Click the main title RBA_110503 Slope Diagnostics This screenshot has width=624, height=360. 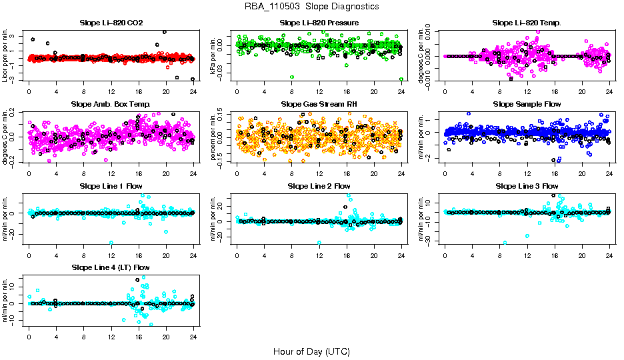[312, 7]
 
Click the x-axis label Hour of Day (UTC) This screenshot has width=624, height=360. [311, 351]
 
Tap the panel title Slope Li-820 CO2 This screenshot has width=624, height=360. [111, 23]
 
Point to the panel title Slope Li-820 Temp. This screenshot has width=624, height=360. [527, 23]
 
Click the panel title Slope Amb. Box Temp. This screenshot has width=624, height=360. [111, 104]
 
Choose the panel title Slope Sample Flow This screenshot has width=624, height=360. [527, 104]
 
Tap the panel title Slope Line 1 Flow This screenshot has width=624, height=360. [111, 185]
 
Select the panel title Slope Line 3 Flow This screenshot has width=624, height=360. [527, 185]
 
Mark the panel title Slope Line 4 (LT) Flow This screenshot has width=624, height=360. [111, 267]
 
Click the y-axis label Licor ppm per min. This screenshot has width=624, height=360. [6, 57]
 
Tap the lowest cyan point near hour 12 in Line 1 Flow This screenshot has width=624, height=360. [111, 243]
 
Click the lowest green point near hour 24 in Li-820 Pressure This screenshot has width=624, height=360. [401, 79]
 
